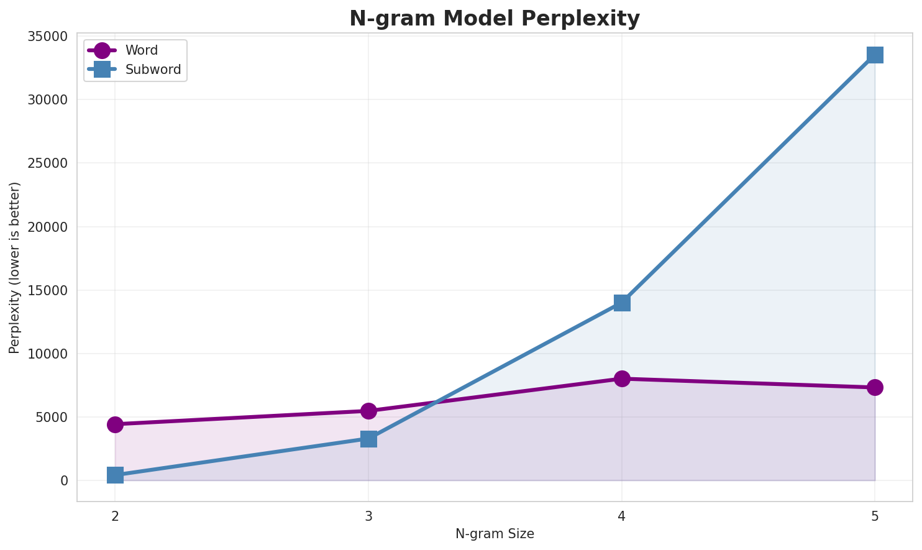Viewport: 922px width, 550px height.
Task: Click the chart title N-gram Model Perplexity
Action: [494, 19]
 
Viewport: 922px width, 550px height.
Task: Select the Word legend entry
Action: [142, 50]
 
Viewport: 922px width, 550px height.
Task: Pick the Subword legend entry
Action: [153, 70]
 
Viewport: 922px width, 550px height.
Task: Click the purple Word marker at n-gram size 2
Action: [115, 424]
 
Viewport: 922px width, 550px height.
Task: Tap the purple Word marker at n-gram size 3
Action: [368, 411]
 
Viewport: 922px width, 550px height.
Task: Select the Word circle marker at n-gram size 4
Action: [622, 378]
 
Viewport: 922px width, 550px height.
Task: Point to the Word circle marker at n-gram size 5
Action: [875, 387]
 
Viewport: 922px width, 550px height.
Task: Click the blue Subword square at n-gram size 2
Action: [115, 475]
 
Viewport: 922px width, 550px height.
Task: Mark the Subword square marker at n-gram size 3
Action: [368, 439]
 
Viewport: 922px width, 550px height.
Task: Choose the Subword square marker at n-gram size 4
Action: [622, 303]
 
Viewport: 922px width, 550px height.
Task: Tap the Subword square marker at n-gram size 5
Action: [875, 55]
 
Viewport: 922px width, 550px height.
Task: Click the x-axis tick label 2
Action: [115, 516]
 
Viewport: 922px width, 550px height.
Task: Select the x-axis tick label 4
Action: [622, 516]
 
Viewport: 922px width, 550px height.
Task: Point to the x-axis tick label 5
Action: [875, 516]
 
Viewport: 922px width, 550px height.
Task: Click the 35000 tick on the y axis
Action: [47, 36]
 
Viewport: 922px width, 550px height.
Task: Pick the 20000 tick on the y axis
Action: [47, 227]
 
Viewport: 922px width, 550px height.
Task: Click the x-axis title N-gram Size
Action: [495, 534]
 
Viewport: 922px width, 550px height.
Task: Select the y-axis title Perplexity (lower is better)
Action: [15, 267]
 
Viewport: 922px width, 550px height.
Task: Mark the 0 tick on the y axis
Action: [64, 480]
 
